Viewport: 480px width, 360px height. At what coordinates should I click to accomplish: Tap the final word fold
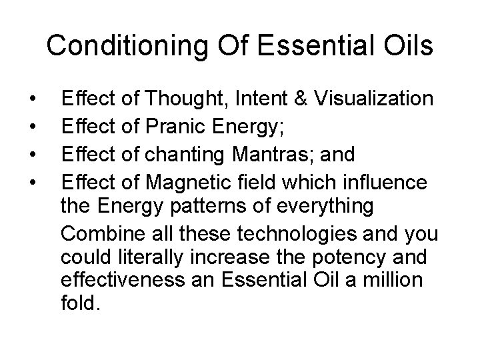coord(80,305)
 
